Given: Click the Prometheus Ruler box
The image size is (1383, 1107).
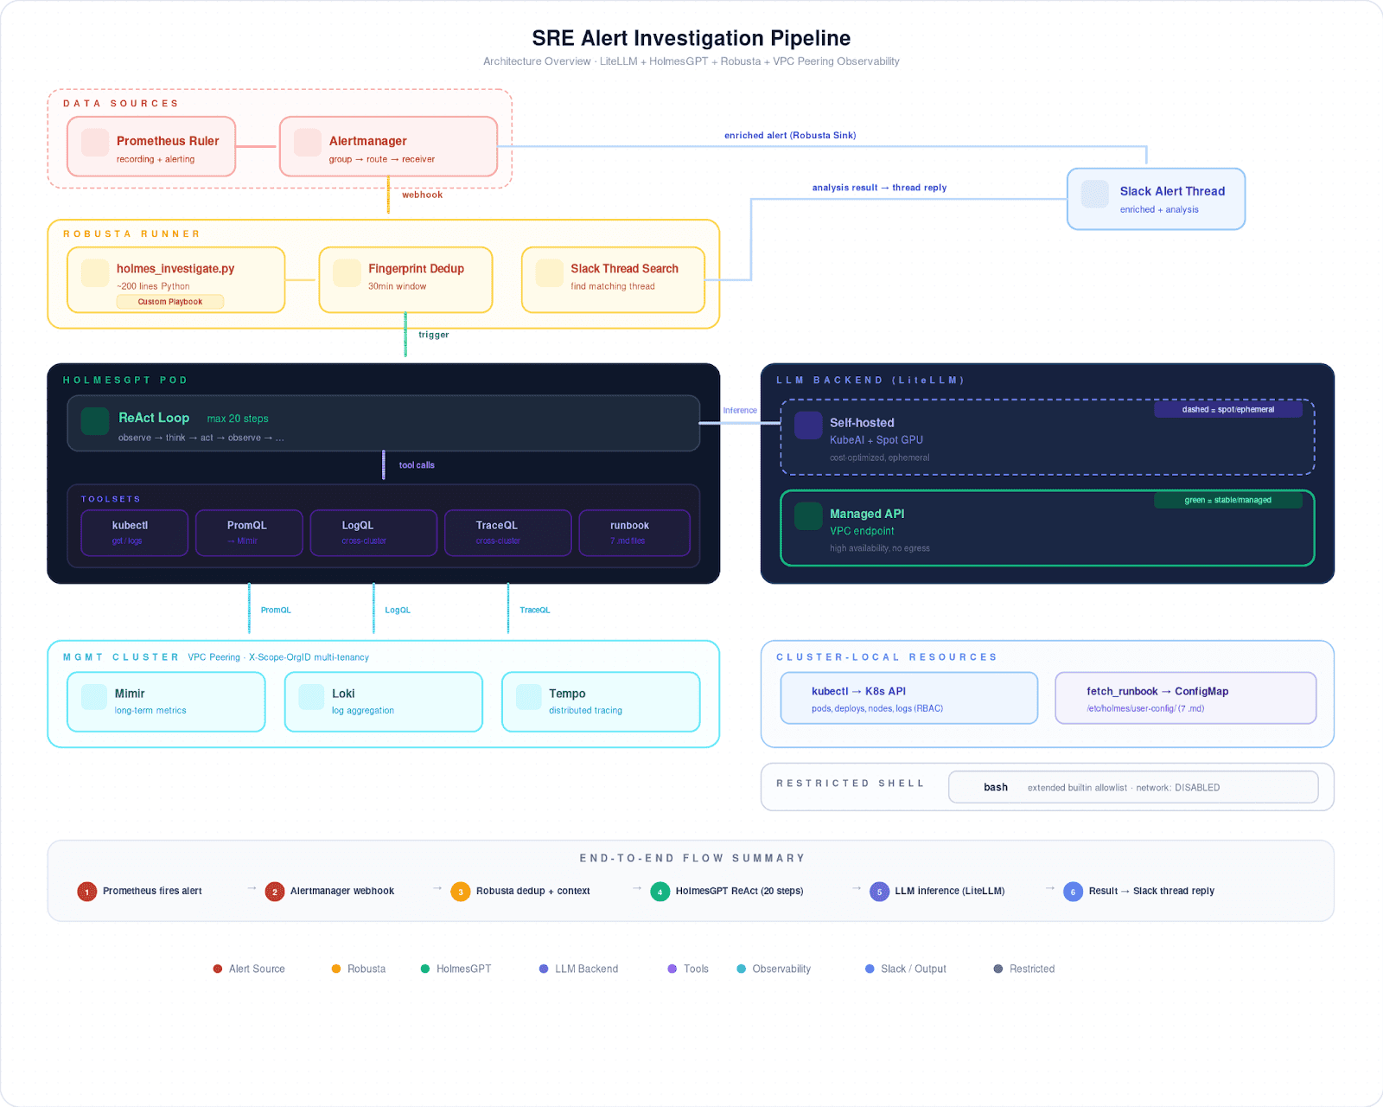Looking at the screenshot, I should pos(151,147).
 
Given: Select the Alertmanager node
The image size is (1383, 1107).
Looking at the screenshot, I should pos(388,147).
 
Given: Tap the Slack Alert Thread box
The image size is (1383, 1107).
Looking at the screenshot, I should pos(1156,199).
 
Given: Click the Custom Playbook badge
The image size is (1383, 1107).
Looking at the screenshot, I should pos(170,302).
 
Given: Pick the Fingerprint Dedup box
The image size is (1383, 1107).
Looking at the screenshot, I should pos(405,279).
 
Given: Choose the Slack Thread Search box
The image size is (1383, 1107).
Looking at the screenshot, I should pos(613,279).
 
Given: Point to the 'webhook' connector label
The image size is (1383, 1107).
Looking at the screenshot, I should pos(422,195).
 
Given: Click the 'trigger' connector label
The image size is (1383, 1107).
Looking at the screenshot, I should pos(433,335).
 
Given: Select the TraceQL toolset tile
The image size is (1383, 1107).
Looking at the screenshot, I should pos(507,532).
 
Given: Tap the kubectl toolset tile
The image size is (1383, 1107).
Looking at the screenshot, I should pos(134,532).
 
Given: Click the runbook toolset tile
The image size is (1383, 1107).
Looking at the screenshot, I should pos(634,532).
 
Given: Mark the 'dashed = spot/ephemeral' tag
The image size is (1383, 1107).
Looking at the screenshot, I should pos(1227,409).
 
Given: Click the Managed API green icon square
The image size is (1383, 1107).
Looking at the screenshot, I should pos(808,515).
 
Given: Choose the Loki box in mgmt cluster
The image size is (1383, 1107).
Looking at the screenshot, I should pos(383,701).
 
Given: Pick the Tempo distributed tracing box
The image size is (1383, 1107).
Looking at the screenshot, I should pos(600,701).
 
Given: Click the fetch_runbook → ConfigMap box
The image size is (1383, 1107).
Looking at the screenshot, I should pos(1185,698).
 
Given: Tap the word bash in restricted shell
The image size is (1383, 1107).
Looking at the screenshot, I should pos(995,787).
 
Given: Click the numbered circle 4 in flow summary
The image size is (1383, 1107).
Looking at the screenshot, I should pos(660,892).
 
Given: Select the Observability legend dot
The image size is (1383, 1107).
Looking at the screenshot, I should pos(741,969).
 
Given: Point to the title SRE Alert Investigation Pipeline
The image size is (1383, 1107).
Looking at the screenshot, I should pos(691,38).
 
